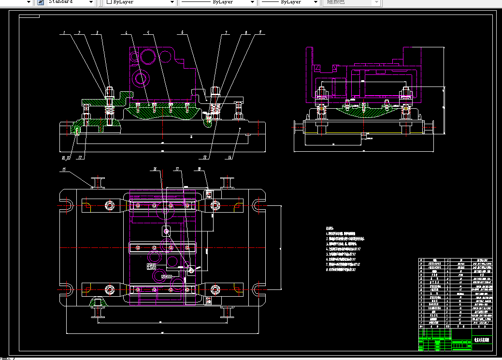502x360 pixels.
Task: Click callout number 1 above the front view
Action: [63, 33]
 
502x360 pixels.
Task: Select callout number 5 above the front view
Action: [148, 33]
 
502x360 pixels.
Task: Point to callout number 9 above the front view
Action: [260, 32]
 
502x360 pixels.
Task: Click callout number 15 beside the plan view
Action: [63, 170]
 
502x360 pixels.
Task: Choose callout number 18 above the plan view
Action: [199, 169]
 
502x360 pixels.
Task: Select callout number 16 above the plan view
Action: [155, 169]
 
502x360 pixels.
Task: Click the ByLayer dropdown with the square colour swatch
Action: [140, 2]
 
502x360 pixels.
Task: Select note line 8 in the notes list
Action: [343, 270]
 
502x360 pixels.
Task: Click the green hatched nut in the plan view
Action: [98, 303]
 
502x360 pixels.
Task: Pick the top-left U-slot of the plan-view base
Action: [66, 205]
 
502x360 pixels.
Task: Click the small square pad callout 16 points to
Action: [167, 231]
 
